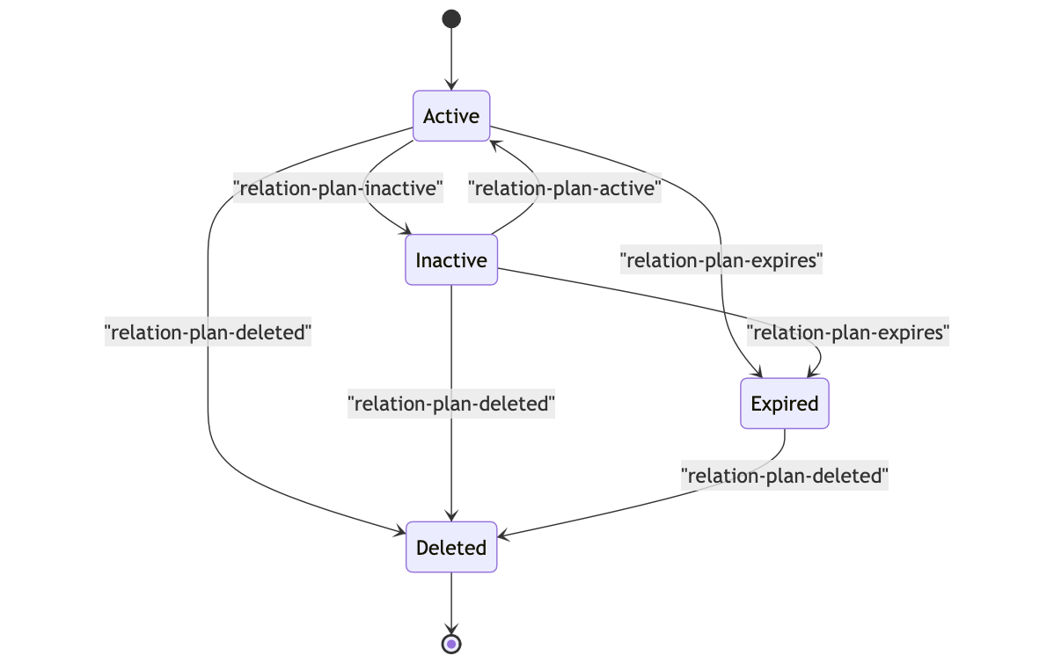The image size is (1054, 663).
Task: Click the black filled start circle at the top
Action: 451,18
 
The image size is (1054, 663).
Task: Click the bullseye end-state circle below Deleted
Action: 451,644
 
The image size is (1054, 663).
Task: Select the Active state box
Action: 451,116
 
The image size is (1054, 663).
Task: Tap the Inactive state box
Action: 451,260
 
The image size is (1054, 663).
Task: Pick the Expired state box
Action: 785,404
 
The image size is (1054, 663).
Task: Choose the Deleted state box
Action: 451,547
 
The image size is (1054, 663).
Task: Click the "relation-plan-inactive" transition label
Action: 337,187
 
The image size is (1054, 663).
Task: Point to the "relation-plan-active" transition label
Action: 565,187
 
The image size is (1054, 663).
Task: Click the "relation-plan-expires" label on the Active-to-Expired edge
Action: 721,260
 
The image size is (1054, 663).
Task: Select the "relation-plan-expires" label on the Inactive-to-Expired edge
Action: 848,332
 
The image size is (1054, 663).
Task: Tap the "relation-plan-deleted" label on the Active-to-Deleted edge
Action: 209,332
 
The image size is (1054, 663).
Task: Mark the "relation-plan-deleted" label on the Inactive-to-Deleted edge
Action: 451,404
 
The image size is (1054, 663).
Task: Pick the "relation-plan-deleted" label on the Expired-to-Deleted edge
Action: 785,476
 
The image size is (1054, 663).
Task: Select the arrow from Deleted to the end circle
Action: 451,601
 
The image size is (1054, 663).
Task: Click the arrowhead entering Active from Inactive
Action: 494,143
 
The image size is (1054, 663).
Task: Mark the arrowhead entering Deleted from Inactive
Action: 451,516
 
